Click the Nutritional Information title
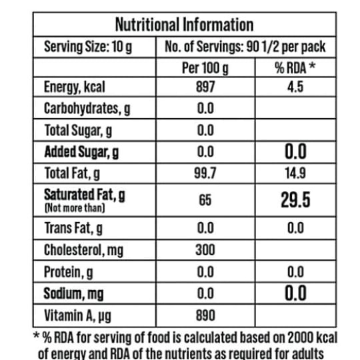point(185,25)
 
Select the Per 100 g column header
point(205,68)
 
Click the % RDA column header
point(295,68)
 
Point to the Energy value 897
point(205,87)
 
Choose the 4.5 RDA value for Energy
point(295,87)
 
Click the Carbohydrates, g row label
point(87,109)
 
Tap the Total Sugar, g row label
point(78,131)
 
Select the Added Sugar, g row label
point(81,152)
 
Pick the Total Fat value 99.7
point(205,173)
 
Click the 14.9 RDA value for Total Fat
point(295,173)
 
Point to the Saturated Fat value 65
point(205,200)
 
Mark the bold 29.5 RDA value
point(295,200)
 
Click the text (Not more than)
point(75,208)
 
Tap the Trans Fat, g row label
point(73,228)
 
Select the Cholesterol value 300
point(205,250)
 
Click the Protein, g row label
point(69,272)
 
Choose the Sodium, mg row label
point(74,293)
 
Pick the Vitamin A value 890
point(205,315)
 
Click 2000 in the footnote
point(300,338)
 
